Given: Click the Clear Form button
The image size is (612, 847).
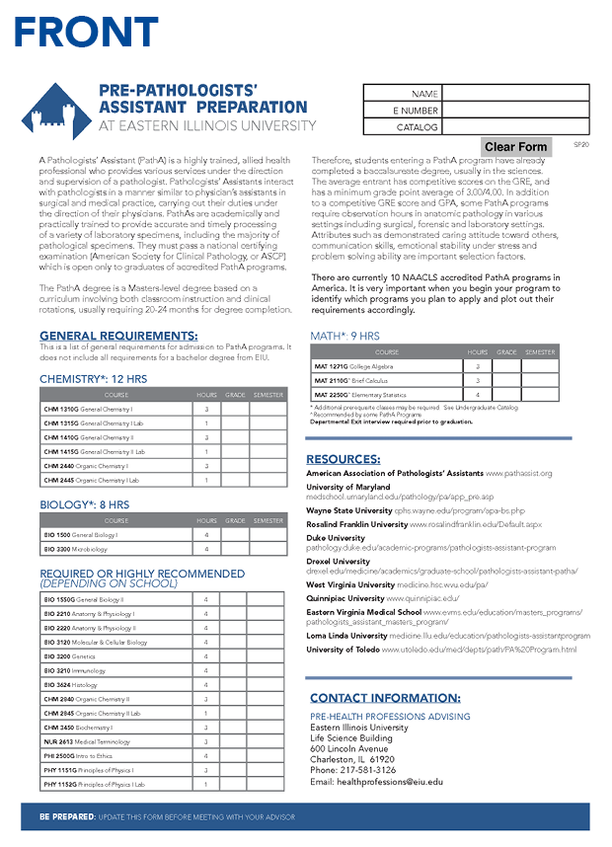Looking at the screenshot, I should tap(515, 147).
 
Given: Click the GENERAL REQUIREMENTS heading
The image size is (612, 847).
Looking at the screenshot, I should tap(117, 336).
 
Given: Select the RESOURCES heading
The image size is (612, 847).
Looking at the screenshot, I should tap(343, 459).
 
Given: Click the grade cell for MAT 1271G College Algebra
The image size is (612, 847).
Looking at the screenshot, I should tap(506, 366).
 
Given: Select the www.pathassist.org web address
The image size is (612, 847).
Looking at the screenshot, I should tap(518, 474).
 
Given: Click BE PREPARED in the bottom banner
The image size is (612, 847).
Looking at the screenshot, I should tap(67, 817).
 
